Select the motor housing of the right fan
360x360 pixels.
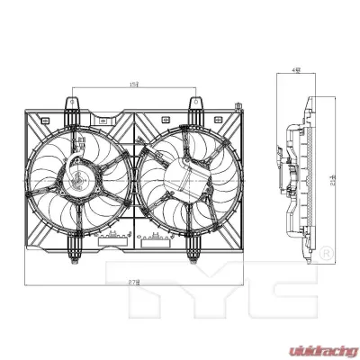[x=184, y=179]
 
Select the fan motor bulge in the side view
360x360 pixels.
[x=289, y=171]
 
